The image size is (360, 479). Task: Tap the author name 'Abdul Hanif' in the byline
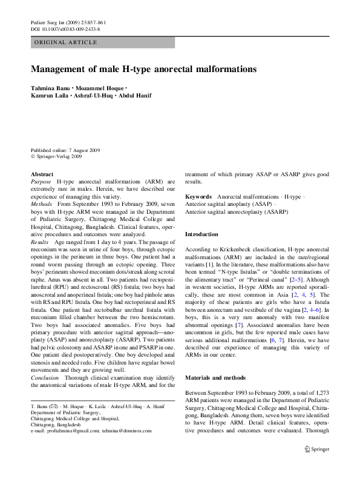(136, 96)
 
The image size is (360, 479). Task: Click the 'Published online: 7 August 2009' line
(65, 150)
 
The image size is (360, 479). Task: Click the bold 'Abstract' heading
(42, 174)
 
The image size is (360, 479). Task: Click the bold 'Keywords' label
(198, 197)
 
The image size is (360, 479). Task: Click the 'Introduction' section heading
(201, 234)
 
